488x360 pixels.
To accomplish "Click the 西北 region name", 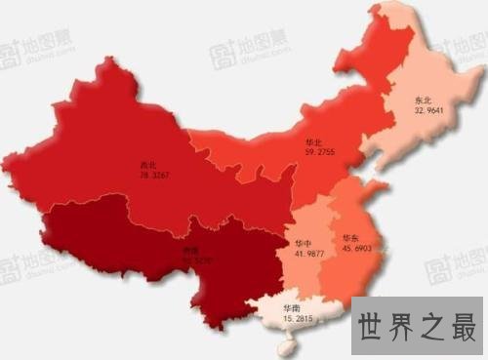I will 147,165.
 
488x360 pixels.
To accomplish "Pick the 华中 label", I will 303,241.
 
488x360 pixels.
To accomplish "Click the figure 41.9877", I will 305,253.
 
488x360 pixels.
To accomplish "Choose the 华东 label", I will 350,238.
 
